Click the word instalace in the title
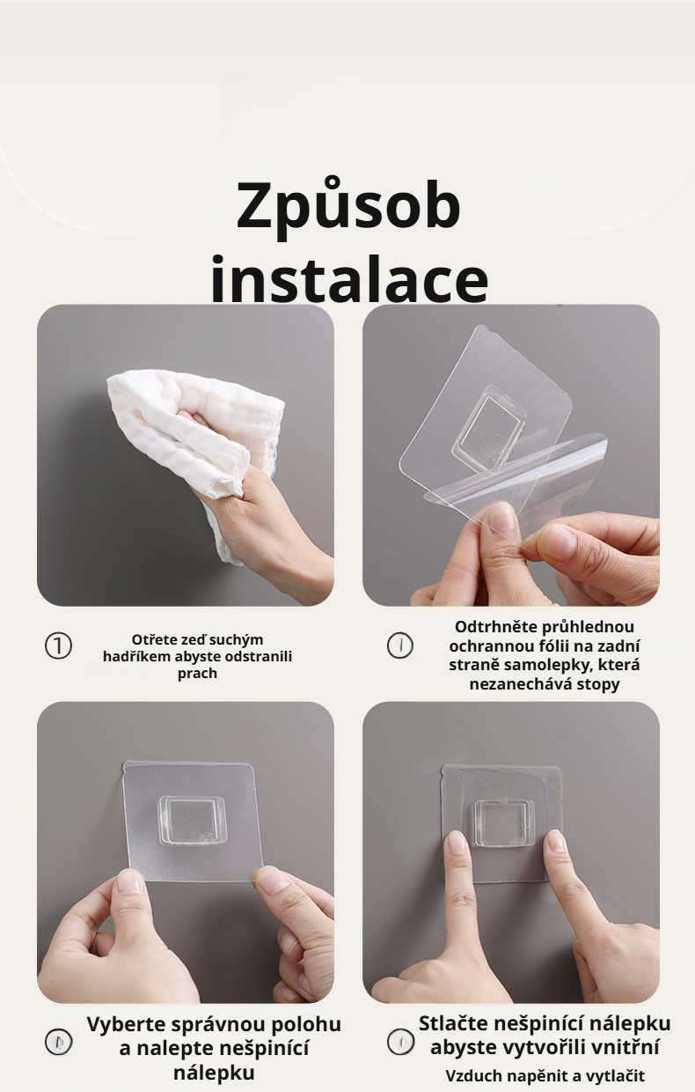349,278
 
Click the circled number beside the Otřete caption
58,646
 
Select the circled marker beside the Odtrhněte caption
400,646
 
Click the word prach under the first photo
197,675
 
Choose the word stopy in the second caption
598,684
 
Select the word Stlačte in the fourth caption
452,1023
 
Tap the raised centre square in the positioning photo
194,820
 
